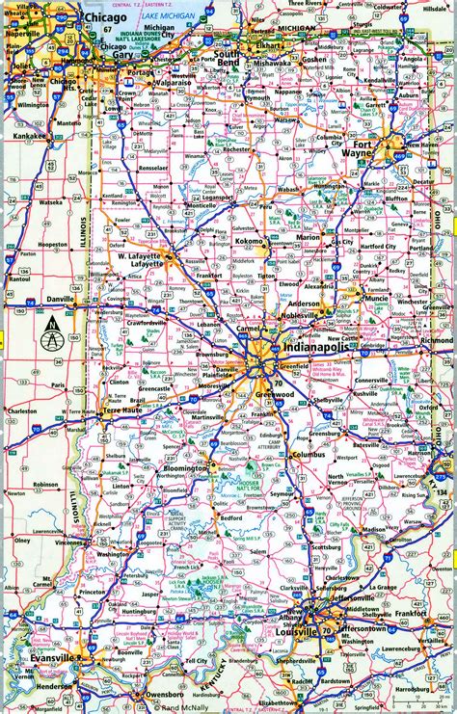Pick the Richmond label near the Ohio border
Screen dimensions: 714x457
point(437,340)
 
